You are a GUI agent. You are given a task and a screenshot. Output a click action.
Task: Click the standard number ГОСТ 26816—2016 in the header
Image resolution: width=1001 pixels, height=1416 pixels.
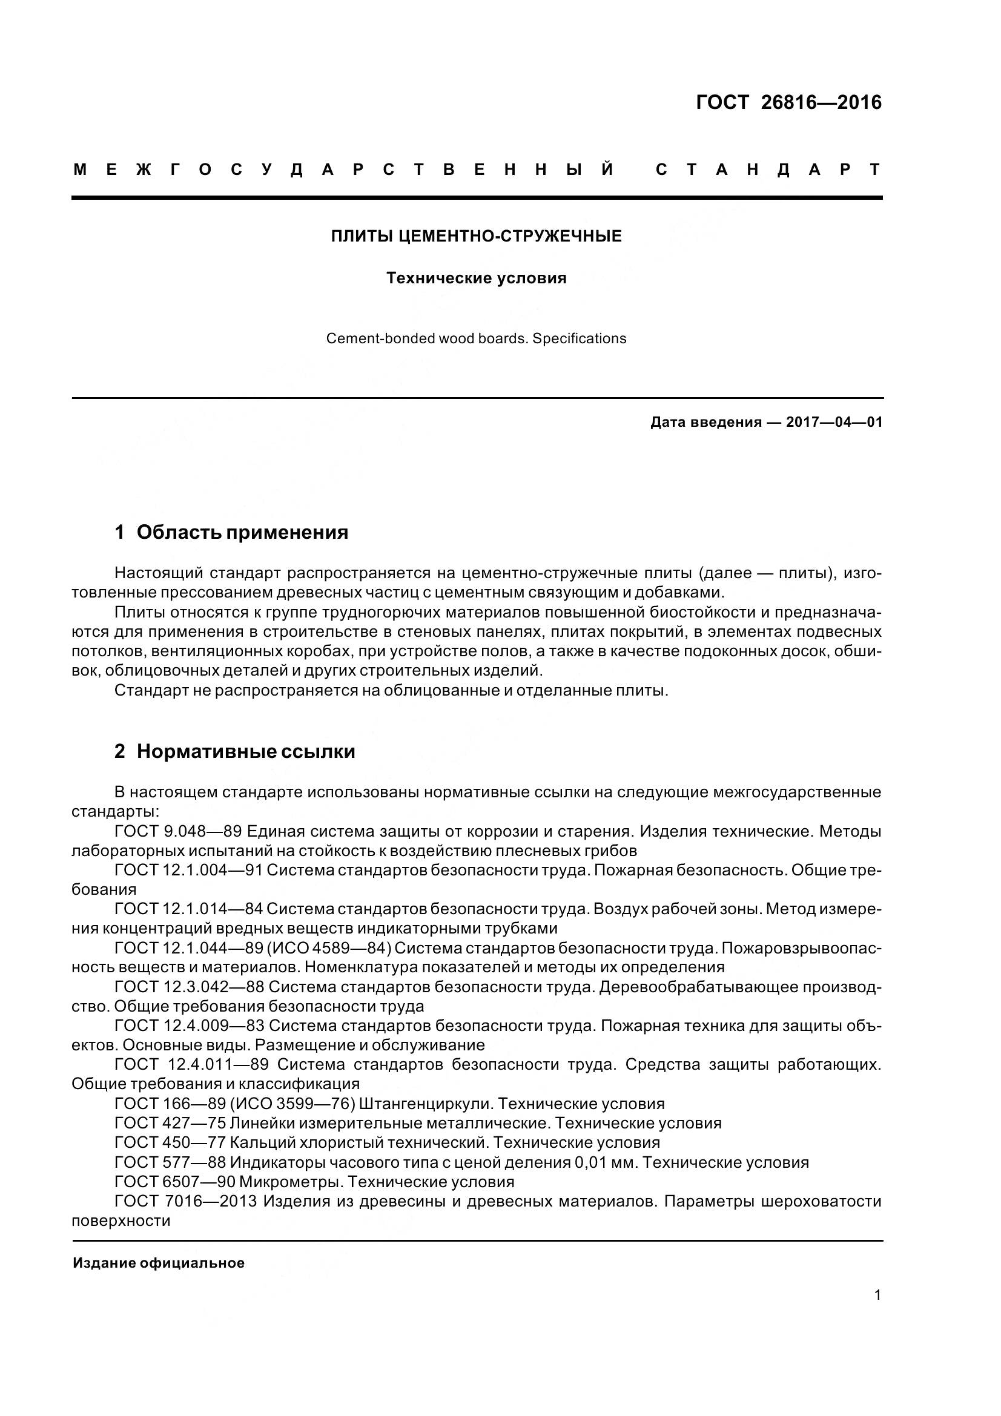pyautogui.click(x=789, y=102)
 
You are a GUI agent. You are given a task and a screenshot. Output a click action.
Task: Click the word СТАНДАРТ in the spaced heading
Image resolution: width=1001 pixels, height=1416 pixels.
pyautogui.click(x=768, y=170)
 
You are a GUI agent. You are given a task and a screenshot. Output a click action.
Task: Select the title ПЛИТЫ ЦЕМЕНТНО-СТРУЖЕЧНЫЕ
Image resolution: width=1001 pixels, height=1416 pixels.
pyautogui.click(x=476, y=236)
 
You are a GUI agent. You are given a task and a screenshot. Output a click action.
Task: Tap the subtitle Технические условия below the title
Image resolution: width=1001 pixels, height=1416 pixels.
pyautogui.click(x=476, y=278)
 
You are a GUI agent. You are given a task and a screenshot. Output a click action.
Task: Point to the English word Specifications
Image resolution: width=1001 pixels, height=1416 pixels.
pyautogui.click(x=579, y=338)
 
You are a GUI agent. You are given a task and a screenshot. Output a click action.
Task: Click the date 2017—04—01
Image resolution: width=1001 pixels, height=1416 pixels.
pyautogui.click(x=834, y=423)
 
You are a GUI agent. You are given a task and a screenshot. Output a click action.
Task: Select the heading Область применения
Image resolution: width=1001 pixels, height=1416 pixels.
pyautogui.click(x=242, y=532)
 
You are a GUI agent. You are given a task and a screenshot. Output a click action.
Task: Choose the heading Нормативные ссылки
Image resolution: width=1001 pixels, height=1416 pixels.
pyautogui.click(x=245, y=752)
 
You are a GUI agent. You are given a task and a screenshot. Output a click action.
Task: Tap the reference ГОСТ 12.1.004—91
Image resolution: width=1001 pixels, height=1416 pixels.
pyautogui.click(x=189, y=870)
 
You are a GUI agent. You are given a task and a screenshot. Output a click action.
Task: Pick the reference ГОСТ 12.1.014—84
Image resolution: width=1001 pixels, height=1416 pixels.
pyautogui.click(x=189, y=909)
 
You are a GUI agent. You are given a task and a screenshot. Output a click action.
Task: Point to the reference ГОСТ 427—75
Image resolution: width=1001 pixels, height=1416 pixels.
pyautogui.click(x=170, y=1123)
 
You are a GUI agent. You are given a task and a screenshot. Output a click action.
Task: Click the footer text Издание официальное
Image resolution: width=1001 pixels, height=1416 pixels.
pyautogui.click(x=159, y=1263)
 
